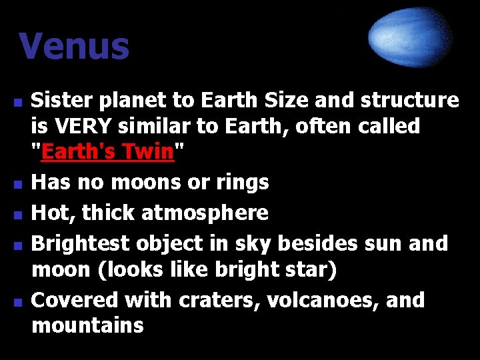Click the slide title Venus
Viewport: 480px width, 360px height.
tap(73, 47)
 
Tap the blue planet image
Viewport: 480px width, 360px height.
tap(411, 37)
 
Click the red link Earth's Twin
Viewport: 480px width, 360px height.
tap(107, 152)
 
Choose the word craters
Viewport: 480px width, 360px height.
tap(219, 301)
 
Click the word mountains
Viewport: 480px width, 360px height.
tap(87, 326)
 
